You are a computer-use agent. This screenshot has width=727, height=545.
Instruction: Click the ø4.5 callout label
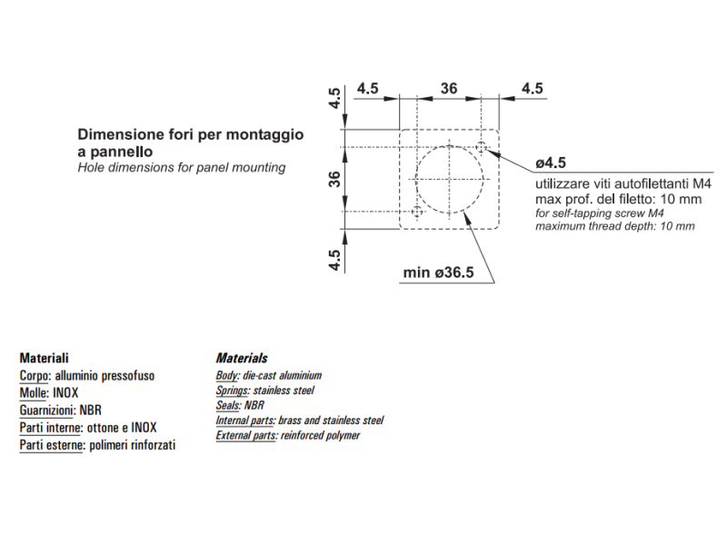click(x=551, y=163)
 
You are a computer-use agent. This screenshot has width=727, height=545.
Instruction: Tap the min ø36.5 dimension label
click(x=439, y=272)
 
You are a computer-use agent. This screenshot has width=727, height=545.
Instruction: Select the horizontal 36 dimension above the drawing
click(x=449, y=89)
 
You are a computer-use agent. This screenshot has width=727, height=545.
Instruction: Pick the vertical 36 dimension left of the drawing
click(x=334, y=179)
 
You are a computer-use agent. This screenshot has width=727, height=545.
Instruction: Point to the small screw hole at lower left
click(x=417, y=212)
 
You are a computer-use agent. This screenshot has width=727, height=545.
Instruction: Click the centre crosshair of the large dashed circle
click(x=450, y=179)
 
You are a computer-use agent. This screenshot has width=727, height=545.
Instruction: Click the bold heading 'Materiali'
click(x=44, y=358)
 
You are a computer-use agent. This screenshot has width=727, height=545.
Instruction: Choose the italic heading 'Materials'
click(x=242, y=358)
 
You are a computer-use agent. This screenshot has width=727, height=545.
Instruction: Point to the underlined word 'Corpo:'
click(x=35, y=375)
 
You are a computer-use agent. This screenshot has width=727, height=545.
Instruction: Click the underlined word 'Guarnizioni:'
click(x=47, y=411)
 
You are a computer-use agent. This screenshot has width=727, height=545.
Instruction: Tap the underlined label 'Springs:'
click(x=233, y=391)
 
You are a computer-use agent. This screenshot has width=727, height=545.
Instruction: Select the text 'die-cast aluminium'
click(x=283, y=375)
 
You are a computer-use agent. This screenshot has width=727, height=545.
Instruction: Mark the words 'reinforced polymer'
click(x=321, y=436)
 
